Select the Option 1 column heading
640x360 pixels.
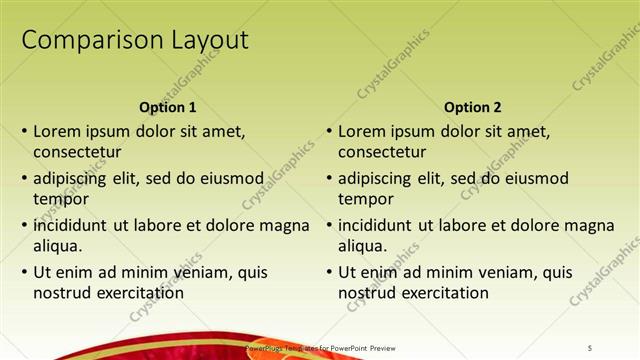coord(166,108)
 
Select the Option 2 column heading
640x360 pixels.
coord(473,108)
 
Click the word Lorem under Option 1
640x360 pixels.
coord(58,131)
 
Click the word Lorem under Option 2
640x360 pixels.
coord(363,131)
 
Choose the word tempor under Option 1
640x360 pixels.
coord(59,199)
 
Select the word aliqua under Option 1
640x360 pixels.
coord(57,245)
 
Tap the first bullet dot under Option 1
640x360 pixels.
coord(24,132)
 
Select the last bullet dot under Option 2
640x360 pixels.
coord(329,272)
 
